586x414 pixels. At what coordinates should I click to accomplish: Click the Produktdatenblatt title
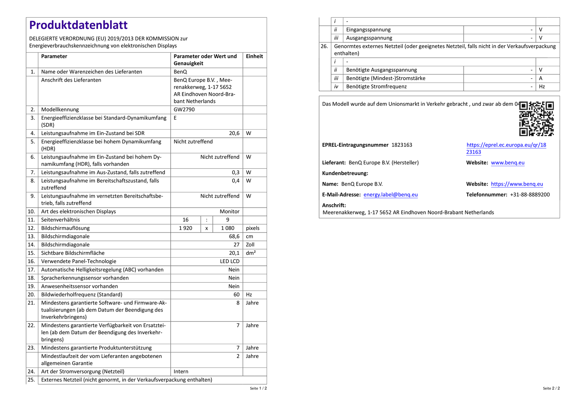pyautogui.click(x=78, y=25)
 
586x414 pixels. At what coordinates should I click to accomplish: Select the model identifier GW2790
pyautogui.click(x=184, y=109)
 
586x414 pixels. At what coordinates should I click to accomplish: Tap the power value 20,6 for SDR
pyautogui.click(x=234, y=133)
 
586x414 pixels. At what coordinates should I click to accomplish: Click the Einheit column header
pyautogui.click(x=254, y=56)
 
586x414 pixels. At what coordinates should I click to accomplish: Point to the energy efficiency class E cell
pyautogui.click(x=175, y=118)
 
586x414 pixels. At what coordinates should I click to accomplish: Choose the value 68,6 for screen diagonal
pyautogui.click(x=234, y=236)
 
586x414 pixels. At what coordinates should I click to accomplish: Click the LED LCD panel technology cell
pyautogui.click(x=230, y=261)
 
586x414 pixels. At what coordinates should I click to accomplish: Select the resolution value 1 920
pyautogui.click(x=185, y=228)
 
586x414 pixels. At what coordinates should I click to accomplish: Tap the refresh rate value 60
pyautogui.click(x=236, y=295)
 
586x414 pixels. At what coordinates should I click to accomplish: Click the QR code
pyautogui.click(x=536, y=119)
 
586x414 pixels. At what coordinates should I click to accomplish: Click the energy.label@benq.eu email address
pyautogui.click(x=390, y=195)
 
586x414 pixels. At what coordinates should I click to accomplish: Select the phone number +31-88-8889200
pyautogui.click(x=530, y=195)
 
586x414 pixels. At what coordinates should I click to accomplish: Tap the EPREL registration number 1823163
pyautogui.click(x=402, y=145)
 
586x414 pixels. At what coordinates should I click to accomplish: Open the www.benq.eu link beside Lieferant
pyautogui.click(x=508, y=163)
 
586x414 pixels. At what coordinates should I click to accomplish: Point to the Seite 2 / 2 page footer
pyautogui.click(x=551, y=388)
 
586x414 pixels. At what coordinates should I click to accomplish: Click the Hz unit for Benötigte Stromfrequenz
pyautogui.click(x=542, y=87)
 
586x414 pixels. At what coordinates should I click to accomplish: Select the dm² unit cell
pyautogui.click(x=251, y=253)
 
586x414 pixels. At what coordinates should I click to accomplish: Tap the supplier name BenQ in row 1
pyautogui.click(x=180, y=72)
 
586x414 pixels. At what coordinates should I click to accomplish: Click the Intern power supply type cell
pyautogui.click(x=181, y=372)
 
